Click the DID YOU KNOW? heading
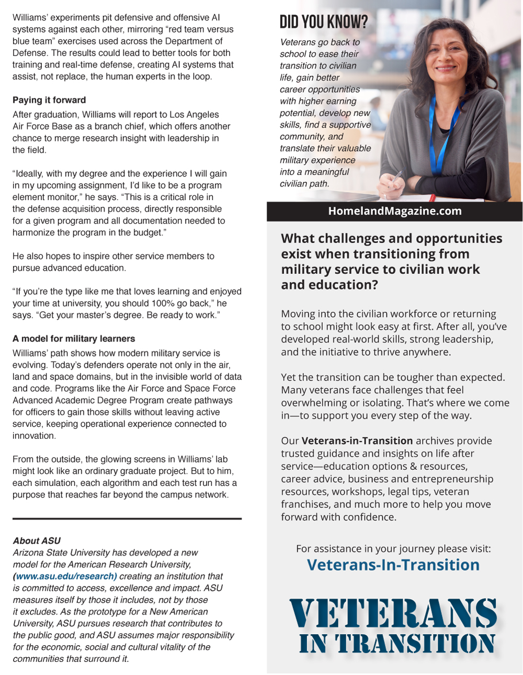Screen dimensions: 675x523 tap(324, 22)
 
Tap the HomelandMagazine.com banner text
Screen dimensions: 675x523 tap(394, 211)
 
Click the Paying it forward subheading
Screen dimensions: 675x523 tap(49, 100)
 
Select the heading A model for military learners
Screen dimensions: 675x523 tap(74, 339)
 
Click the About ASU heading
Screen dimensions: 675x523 tap(37, 540)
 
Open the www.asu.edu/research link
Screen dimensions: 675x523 tap(65, 576)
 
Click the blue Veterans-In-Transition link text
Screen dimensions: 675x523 tap(393, 565)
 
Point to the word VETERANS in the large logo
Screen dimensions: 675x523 tap(393, 613)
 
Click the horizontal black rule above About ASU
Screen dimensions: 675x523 tap(127, 518)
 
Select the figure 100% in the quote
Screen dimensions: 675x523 tap(163, 303)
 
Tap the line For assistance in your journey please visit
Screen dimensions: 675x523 tap(393, 549)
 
